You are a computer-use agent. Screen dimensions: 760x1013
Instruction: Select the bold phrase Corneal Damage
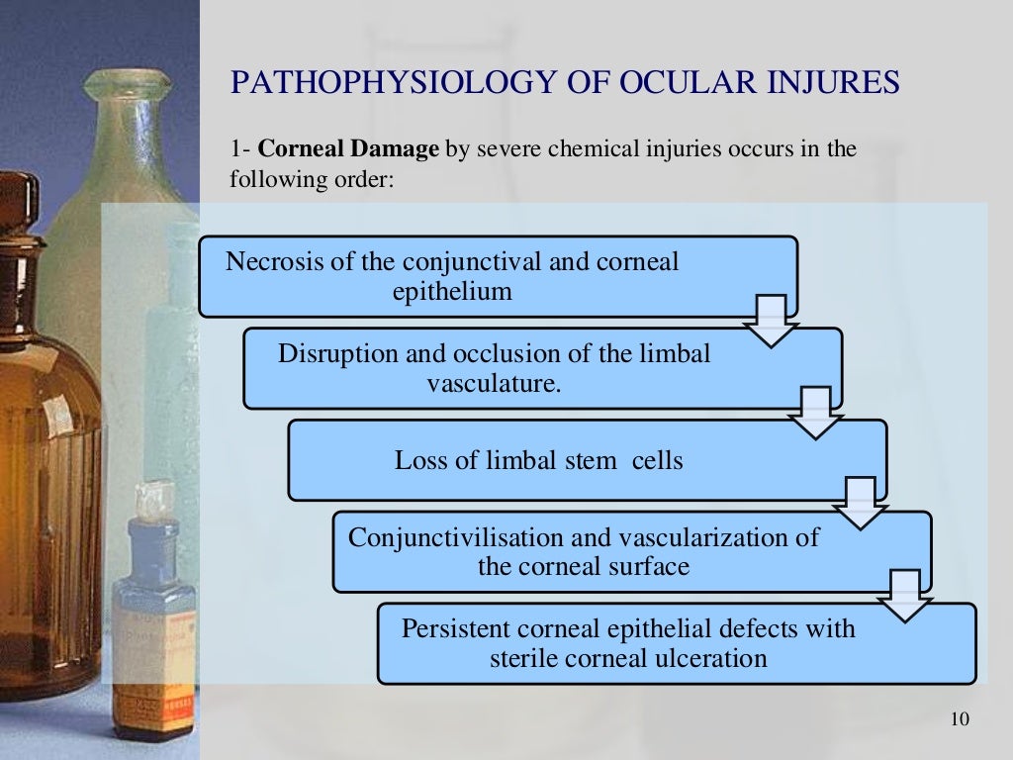(348, 149)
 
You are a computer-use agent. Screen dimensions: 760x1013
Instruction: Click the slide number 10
(959, 718)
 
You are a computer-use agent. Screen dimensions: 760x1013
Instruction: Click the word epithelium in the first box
(452, 291)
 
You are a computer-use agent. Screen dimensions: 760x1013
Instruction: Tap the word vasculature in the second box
(494, 382)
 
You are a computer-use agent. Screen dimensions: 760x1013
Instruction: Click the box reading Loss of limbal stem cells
(588, 460)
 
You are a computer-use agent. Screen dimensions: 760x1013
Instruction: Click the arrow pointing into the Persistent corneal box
(905, 596)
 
